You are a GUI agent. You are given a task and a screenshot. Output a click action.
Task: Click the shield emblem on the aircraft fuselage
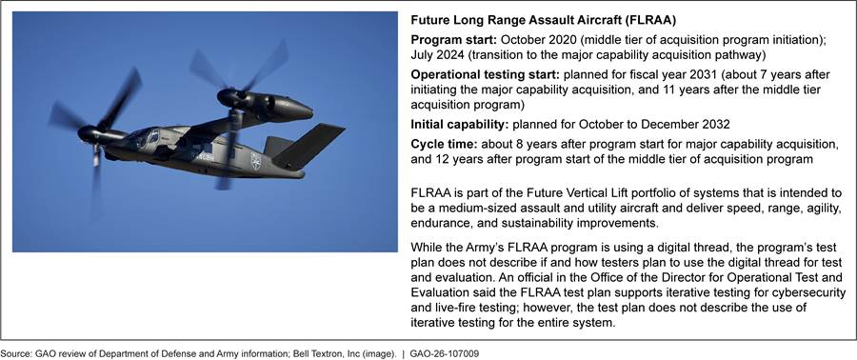(x=256, y=160)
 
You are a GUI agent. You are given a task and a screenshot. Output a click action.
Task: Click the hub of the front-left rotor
(x=88, y=133)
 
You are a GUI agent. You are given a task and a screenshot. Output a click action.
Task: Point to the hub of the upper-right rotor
(x=228, y=98)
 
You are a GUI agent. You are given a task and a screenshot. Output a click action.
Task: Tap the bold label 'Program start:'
(x=453, y=40)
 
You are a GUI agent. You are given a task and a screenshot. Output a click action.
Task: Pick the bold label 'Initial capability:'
(x=460, y=125)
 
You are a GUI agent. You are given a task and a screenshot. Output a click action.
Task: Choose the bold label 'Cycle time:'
(x=443, y=145)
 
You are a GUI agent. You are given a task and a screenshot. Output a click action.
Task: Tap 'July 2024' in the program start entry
(x=435, y=55)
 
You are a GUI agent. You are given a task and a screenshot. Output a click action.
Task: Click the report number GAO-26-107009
(x=444, y=354)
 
